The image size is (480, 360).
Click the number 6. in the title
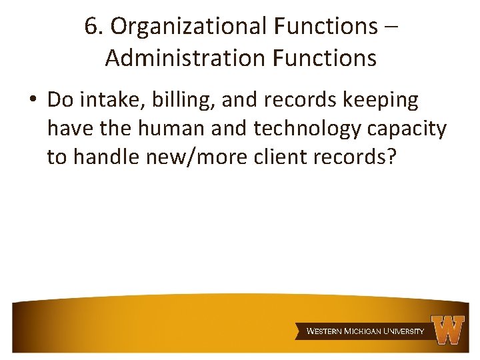94,26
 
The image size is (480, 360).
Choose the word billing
176,101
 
